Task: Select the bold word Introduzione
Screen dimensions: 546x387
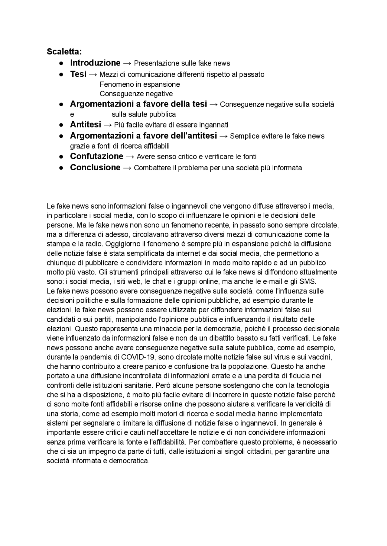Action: [x=95, y=63]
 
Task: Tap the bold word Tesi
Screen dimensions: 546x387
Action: [x=78, y=74]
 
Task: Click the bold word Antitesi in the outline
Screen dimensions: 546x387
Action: [x=86, y=124]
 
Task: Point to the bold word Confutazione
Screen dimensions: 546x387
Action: [x=96, y=156]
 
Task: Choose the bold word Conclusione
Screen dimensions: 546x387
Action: [x=95, y=167]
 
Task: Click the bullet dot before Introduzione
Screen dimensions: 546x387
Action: [x=61, y=63]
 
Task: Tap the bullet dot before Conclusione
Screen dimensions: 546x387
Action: [x=61, y=168]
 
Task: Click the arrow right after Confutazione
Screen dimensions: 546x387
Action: [x=130, y=156]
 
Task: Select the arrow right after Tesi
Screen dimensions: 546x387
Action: [x=93, y=74]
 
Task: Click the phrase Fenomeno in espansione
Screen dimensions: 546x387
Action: [x=140, y=84]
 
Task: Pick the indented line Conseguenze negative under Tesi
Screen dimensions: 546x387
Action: [x=136, y=94]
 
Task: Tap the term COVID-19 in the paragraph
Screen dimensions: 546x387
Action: [x=138, y=357]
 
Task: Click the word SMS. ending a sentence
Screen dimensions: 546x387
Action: [x=308, y=281]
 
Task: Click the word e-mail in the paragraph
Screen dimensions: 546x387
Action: [x=270, y=281]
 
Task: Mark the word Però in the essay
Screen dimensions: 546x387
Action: [x=164, y=385]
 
